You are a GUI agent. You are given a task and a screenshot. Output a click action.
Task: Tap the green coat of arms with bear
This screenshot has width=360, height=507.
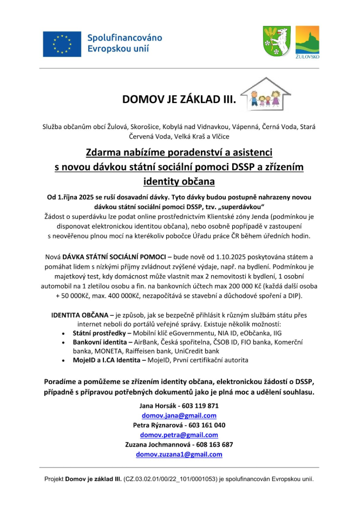pos(276,40)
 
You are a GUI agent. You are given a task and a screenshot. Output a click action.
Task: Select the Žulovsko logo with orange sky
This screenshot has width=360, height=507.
pos(307,41)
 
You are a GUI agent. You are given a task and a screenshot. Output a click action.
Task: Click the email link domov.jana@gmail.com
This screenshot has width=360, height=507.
pos(179,415)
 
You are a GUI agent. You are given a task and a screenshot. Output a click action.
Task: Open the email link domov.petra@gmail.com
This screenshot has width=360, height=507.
pos(179,435)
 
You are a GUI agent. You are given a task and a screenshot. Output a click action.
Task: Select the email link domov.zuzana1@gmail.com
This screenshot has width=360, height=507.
pos(179,454)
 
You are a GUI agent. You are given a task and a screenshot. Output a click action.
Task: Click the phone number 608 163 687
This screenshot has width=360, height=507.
pos(212,445)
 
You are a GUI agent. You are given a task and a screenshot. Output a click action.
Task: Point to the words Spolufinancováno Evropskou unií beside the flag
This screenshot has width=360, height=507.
pos(125,43)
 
